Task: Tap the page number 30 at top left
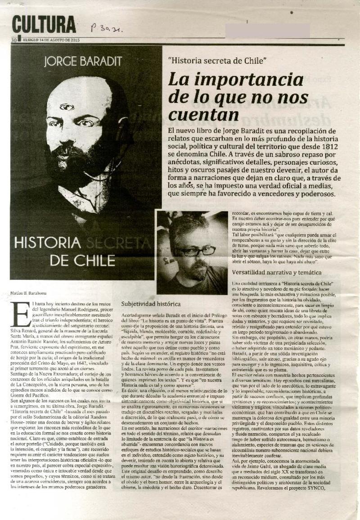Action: (x=14, y=40)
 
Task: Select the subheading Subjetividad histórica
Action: (x=151, y=304)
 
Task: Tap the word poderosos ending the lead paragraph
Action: (x=313, y=194)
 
